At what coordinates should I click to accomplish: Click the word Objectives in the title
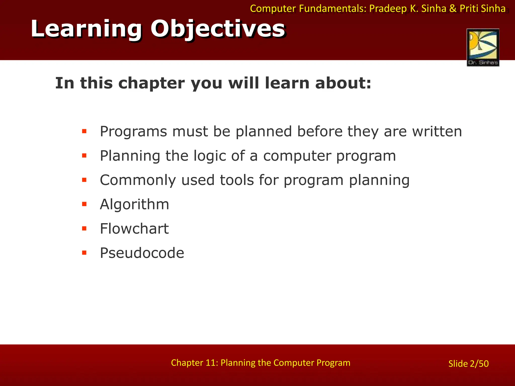(218, 29)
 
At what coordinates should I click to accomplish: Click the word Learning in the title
(86, 29)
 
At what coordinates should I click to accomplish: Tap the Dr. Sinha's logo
(483, 47)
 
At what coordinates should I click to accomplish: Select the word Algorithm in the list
(135, 204)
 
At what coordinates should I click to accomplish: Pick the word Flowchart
(134, 229)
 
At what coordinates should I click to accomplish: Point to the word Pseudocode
(142, 253)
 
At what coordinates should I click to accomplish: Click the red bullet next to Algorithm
(84, 204)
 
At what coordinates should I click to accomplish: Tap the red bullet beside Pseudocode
(84, 253)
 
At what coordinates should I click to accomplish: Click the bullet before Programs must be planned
(84, 131)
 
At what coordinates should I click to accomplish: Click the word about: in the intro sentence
(343, 83)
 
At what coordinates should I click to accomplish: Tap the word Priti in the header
(469, 9)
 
